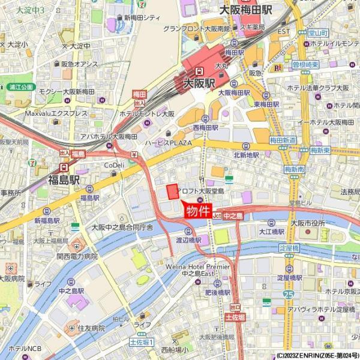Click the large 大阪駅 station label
click(x=199, y=83)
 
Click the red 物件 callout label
click(x=197, y=211)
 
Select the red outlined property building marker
click(x=173, y=192)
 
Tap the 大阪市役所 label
click(x=307, y=223)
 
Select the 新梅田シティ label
click(x=142, y=18)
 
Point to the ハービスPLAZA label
click(x=167, y=143)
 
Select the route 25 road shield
click(x=289, y=295)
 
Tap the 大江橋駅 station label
click(x=271, y=230)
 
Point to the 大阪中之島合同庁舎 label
click(x=122, y=227)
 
